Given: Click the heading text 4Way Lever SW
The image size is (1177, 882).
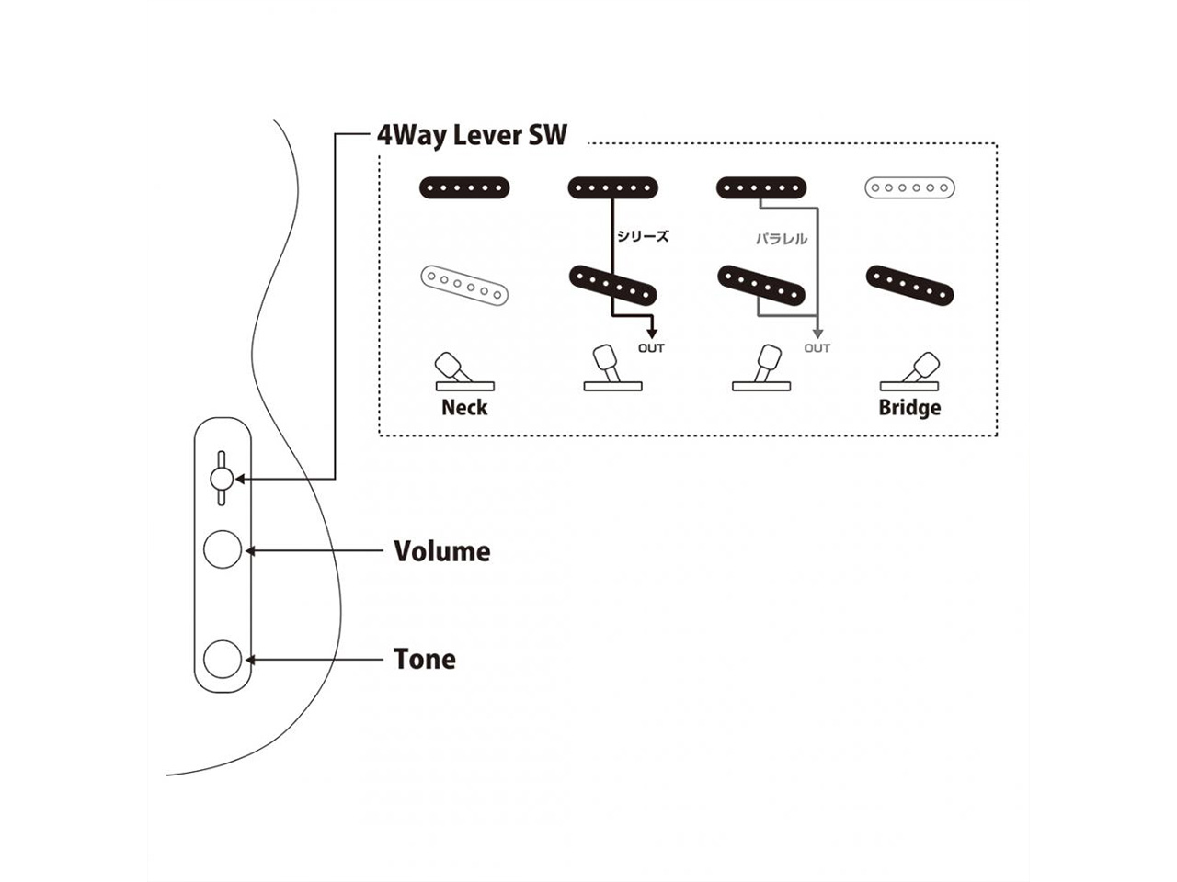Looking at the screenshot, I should click(472, 136).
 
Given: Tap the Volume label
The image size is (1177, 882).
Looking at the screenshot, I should click(441, 551).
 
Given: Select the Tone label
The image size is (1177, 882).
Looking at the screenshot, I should click(424, 659).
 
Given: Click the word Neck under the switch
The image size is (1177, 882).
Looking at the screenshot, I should click(464, 408).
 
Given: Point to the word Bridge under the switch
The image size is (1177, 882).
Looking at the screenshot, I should click(909, 408).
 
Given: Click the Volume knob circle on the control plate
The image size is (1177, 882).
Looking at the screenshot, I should click(223, 550).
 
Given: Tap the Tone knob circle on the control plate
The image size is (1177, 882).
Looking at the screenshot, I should click(223, 659).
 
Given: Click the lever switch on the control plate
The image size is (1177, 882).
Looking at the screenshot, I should click(221, 478).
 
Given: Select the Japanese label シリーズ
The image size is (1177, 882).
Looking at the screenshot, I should click(643, 236).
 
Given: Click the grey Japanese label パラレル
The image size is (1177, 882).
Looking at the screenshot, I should click(782, 239).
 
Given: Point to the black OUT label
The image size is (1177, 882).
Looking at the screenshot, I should click(651, 348).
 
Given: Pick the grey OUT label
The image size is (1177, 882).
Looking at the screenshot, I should click(817, 348).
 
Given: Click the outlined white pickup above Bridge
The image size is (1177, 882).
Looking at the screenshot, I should click(909, 188).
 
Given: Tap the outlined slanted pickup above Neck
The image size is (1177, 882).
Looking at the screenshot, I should click(464, 286).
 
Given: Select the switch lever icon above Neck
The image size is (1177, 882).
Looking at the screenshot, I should click(459, 371).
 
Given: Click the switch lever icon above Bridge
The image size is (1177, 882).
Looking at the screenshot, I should click(915, 371).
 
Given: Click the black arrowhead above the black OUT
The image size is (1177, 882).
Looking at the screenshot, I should click(651, 333).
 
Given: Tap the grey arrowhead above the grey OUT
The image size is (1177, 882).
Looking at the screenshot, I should click(817, 333).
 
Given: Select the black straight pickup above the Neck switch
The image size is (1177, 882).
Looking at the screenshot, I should click(464, 187).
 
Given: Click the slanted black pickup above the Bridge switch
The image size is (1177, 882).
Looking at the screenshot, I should click(909, 286).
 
